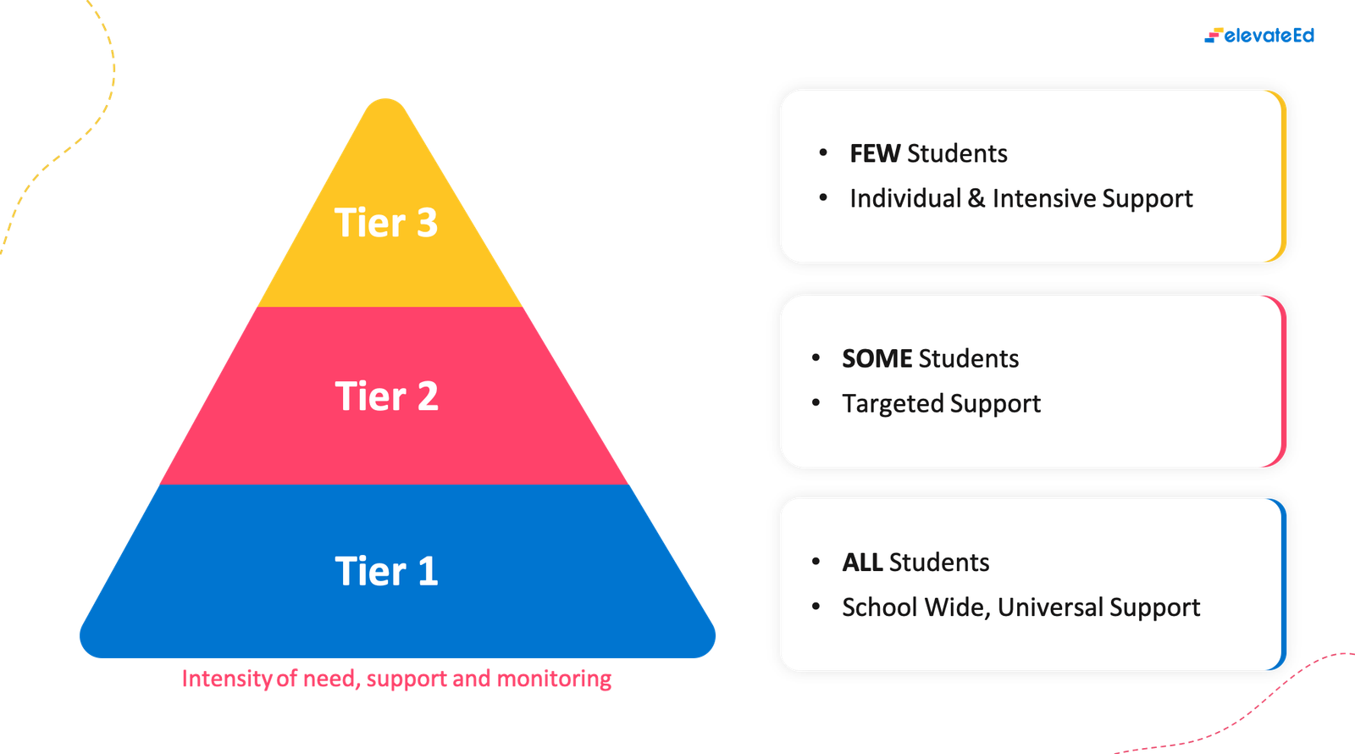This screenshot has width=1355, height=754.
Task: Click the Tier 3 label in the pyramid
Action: pyautogui.click(x=386, y=223)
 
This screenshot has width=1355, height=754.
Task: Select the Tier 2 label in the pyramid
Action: pyautogui.click(x=386, y=396)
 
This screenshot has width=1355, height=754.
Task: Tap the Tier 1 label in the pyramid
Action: pyautogui.click(x=386, y=571)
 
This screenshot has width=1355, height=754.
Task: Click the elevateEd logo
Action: pyautogui.click(x=1259, y=36)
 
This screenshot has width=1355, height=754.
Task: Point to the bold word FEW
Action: pyautogui.click(x=875, y=153)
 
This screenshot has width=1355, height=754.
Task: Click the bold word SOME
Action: pyautogui.click(x=877, y=358)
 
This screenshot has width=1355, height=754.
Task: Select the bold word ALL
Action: pyautogui.click(x=862, y=563)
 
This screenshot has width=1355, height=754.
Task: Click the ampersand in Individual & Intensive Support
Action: pyautogui.click(x=976, y=198)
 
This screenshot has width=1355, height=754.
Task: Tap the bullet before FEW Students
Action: pyautogui.click(x=823, y=153)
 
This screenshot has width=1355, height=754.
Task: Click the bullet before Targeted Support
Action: pyautogui.click(x=816, y=403)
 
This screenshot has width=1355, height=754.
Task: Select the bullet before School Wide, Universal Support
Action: pyautogui.click(x=816, y=607)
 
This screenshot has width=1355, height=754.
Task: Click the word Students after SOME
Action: pyautogui.click(x=969, y=358)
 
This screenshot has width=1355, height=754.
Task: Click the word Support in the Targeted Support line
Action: pyautogui.click(x=1000, y=404)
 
